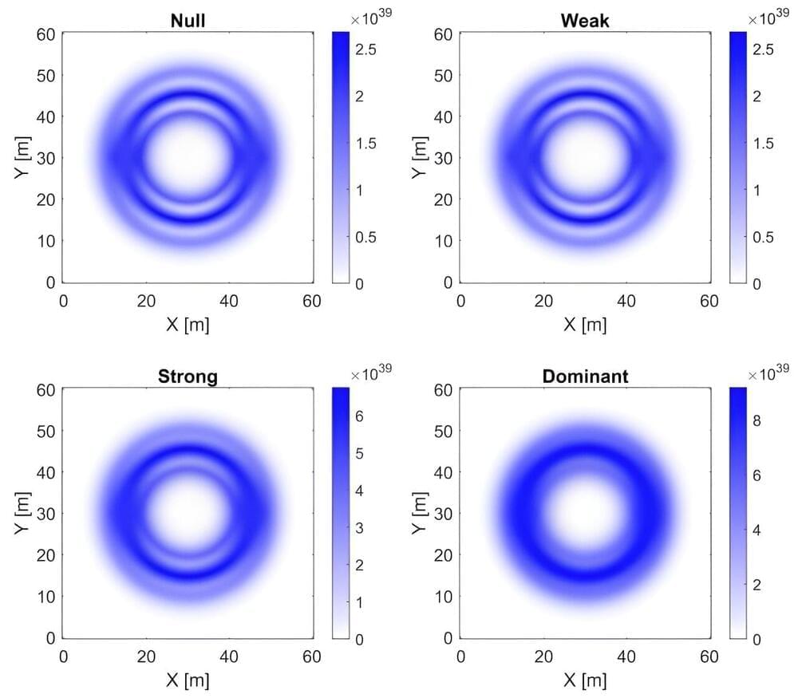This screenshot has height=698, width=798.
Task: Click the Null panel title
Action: click(188, 21)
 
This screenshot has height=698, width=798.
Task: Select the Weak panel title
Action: click(585, 21)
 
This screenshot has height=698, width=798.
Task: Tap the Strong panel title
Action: click(188, 376)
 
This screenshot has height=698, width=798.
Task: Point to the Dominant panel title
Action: click(585, 376)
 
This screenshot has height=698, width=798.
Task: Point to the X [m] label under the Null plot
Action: click(188, 325)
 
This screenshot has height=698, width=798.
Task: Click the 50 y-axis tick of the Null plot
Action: click(46, 75)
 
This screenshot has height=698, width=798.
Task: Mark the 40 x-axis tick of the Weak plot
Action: click(626, 302)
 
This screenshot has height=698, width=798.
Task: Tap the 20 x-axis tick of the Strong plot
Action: click(146, 657)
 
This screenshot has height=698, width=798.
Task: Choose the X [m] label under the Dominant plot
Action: click(585, 680)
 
